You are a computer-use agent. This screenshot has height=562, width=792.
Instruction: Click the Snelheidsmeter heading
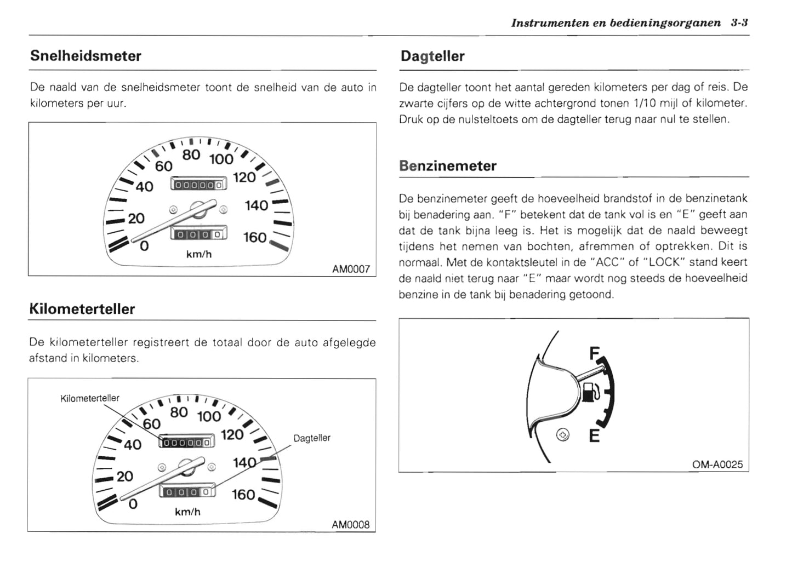coord(86,56)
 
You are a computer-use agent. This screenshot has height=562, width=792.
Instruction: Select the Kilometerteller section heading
coord(82,309)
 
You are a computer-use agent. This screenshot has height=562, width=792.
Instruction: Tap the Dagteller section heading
coord(432,56)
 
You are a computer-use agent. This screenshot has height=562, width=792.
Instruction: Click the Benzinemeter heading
coord(447,166)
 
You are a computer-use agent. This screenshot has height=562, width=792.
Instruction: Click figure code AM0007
coord(351,269)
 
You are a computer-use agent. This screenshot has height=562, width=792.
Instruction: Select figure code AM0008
coord(350,525)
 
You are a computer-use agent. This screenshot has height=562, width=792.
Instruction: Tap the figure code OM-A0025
coord(717,464)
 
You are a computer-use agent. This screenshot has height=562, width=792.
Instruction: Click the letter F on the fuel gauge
coord(594,354)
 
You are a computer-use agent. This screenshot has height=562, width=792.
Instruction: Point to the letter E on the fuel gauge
coord(594,436)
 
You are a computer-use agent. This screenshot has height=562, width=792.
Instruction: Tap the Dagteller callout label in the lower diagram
coord(311,438)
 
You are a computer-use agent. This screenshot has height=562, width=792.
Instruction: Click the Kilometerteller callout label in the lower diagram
coord(90,398)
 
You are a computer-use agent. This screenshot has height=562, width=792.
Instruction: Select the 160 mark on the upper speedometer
coord(254,238)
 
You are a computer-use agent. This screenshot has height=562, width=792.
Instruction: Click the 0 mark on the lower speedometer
coord(133,503)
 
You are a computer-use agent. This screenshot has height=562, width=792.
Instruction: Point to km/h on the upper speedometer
coord(198,255)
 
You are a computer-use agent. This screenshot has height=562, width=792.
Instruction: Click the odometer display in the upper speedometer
coord(198,185)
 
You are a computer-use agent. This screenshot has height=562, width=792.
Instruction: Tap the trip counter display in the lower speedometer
coord(187,491)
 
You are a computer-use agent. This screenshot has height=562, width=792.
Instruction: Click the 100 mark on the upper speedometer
coord(221,159)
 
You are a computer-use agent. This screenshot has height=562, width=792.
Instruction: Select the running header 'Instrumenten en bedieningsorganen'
coord(616,23)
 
